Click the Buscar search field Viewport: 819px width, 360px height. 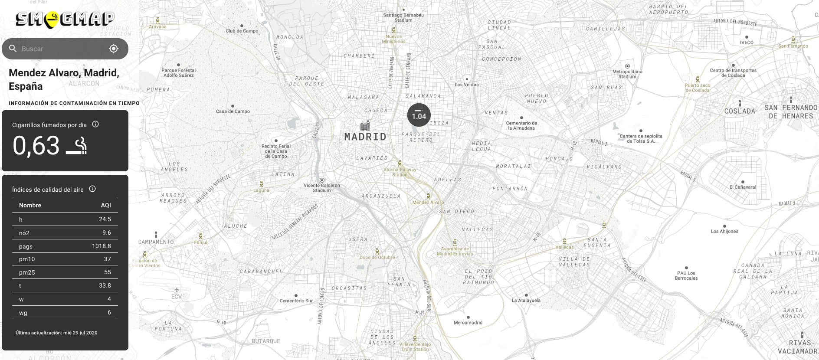click(x=61, y=49)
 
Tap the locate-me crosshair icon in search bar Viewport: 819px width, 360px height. click(x=114, y=49)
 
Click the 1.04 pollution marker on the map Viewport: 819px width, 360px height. click(x=419, y=115)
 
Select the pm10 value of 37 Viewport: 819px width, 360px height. click(x=108, y=259)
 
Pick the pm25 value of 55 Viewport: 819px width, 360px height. click(x=108, y=272)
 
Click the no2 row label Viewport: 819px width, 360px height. click(x=24, y=233)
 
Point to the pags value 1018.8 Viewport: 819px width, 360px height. click(x=101, y=246)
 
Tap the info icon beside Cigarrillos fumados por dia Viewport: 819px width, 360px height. click(x=95, y=124)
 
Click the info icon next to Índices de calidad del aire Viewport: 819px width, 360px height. click(x=92, y=189)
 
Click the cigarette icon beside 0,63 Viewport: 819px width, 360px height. click(x=77, y=146)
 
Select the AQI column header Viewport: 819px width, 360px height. click(x=106, y=205)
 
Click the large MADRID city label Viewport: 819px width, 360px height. click(x=365, y=137)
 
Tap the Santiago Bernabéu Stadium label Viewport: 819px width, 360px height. click(x=403, y=17)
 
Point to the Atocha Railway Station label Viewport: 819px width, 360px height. click(x=400, y=172)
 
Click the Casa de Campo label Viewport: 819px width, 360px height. click(x=233, y=111)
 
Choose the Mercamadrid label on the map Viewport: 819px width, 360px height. click(x=468, y=323)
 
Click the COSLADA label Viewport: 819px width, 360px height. click(x=740, y=111)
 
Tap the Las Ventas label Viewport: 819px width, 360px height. click(x=467, y=85)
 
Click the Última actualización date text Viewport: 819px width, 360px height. click(x=56, y=333)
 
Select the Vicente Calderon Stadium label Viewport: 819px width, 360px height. click(x=322, y=188)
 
